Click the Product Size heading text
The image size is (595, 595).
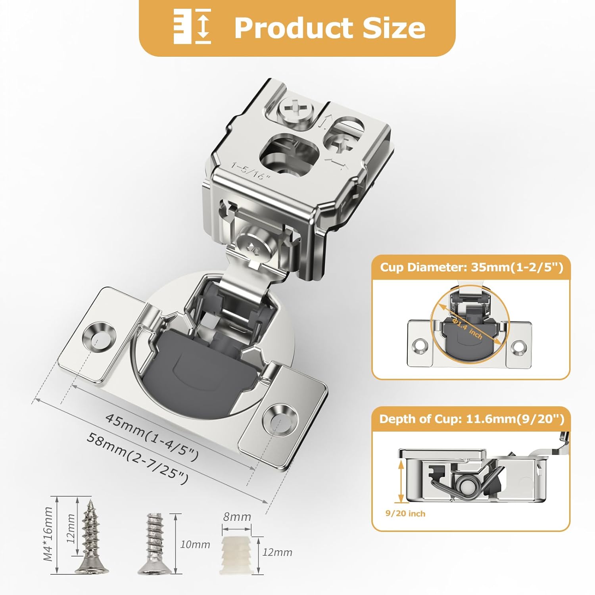tap(330, 28)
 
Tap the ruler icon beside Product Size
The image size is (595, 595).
tap(192, 26)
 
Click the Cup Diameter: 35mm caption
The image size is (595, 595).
tap(471, 267)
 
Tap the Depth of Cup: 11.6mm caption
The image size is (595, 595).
tap(471, 419)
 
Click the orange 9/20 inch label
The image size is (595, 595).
tap(405, 514)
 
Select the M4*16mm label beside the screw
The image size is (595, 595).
tap(48, 534)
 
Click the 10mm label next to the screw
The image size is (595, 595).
tap(195, 544)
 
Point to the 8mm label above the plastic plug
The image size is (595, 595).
tap(237, 517)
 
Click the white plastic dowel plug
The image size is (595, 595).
tap(237, 553)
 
